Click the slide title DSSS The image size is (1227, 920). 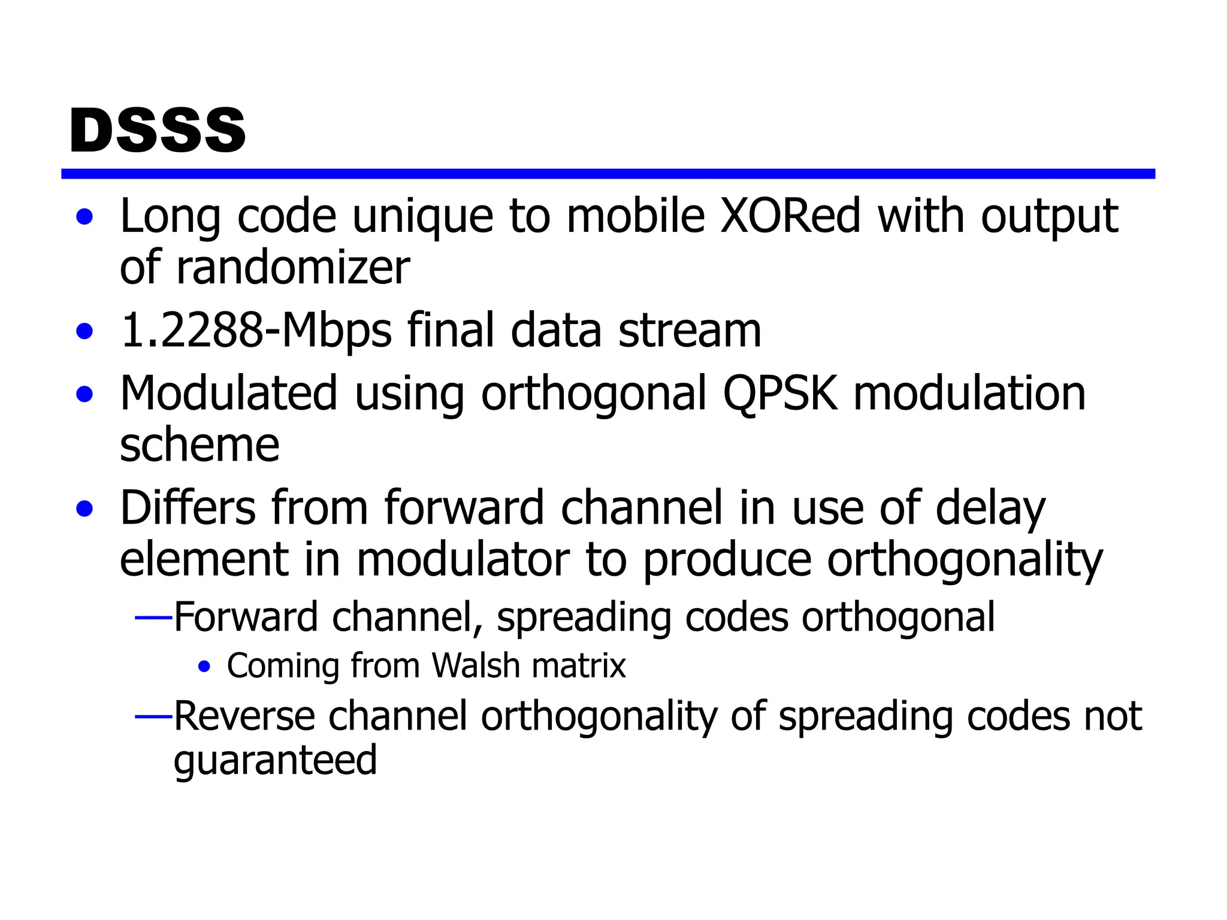tap(158, 130)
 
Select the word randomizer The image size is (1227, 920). tap(293, 267)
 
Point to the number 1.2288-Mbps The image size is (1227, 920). tap(256, 331)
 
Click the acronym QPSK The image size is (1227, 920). tap(779, 394)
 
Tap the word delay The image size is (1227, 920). tap(990, 509)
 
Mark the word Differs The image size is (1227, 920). tap(188, 508)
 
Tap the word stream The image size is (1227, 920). tap(690, 331)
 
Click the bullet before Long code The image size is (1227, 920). tap(85, 217)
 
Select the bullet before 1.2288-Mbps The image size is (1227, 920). tap(85, 331)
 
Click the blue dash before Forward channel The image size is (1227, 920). tap(154, 617)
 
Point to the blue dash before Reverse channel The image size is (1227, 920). tap(154, 716)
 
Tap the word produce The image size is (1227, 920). tap(727, 560)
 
